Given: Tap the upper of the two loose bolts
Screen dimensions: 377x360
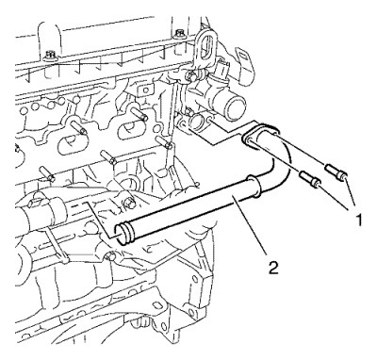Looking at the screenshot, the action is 336,172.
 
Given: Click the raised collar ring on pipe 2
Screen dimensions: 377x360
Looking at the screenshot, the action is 254,186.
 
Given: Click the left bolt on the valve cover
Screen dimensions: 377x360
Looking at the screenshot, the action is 49,56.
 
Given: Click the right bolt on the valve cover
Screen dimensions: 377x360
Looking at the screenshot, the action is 179,34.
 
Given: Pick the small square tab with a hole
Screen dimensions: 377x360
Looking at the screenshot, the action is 144,90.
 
